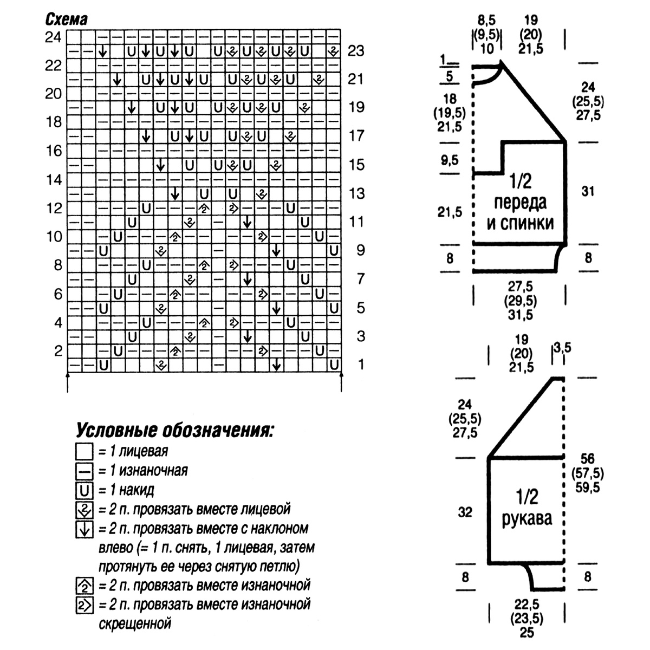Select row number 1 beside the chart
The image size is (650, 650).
tap(361, 365)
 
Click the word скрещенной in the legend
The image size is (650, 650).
tap(135, 623)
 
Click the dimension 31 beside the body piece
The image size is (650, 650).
tap(588, 191)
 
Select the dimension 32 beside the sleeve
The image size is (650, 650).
tap(465, 512)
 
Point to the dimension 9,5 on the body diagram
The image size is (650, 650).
tap(450, 160)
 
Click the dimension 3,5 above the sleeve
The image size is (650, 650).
tap(561, 347)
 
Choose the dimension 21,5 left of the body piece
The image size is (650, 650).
tap(450, 212)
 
